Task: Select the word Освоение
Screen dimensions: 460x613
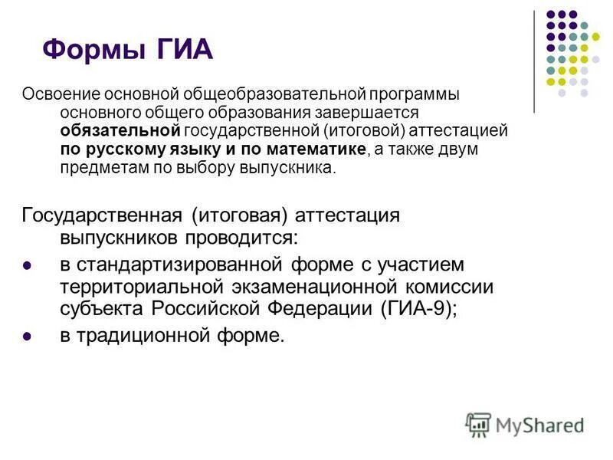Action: click(57, 94)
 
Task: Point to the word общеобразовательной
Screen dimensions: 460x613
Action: click(272, 94)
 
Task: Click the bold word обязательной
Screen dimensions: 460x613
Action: click(120, 130)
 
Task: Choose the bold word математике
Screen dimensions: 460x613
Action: click(316, 149)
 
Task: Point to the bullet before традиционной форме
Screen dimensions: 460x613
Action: click(28, 336)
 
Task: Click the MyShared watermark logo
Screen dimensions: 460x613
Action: click(524, 424)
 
